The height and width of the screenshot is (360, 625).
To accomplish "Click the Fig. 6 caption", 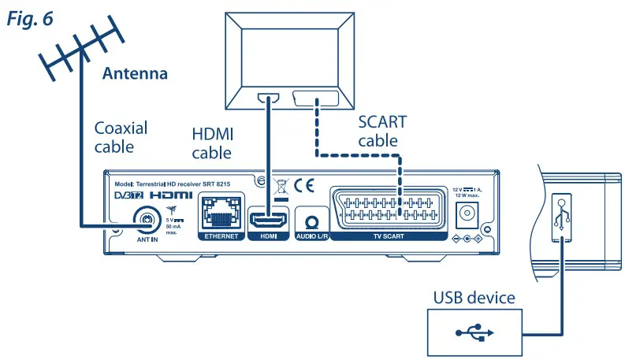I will [x=30, y=18].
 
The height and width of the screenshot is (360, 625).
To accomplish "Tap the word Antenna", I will [x=136, y=74].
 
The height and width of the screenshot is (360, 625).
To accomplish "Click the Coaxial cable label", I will [x=121, y=136].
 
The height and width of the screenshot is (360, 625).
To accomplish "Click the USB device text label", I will [x=474, y=298].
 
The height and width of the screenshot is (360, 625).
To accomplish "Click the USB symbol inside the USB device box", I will [x=473, y=332].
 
